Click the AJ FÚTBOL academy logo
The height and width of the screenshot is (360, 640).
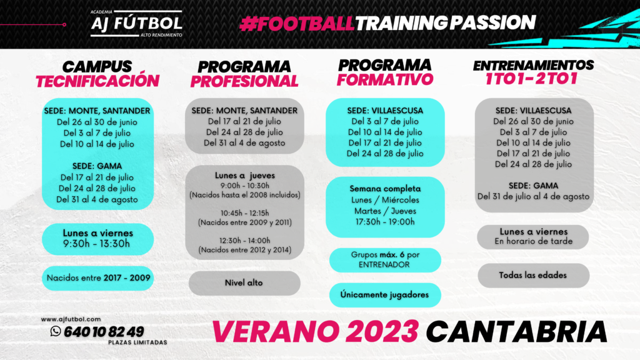137,24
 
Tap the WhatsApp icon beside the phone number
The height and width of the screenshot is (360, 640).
56,331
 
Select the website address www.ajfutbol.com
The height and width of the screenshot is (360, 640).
71,319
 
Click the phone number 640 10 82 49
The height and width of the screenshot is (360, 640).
104,331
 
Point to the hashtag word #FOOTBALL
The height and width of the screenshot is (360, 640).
297,24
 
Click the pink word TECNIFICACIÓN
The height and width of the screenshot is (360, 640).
97,81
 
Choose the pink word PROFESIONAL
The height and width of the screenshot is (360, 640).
244,81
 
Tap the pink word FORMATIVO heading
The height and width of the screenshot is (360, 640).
384,79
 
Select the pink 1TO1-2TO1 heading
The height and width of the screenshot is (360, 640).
531,78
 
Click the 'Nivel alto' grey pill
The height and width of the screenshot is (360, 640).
244,283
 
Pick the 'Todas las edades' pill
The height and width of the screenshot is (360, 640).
533,275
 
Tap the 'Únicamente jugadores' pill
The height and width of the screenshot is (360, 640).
385,295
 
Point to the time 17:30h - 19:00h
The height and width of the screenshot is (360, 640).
385,222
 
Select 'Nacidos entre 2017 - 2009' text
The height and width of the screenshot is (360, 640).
98,277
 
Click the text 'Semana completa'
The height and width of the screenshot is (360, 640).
385,189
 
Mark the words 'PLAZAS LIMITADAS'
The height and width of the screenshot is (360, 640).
137,342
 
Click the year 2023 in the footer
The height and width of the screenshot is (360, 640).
382,331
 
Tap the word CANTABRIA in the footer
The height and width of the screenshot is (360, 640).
517,331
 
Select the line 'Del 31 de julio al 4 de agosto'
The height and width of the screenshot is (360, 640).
533,196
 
